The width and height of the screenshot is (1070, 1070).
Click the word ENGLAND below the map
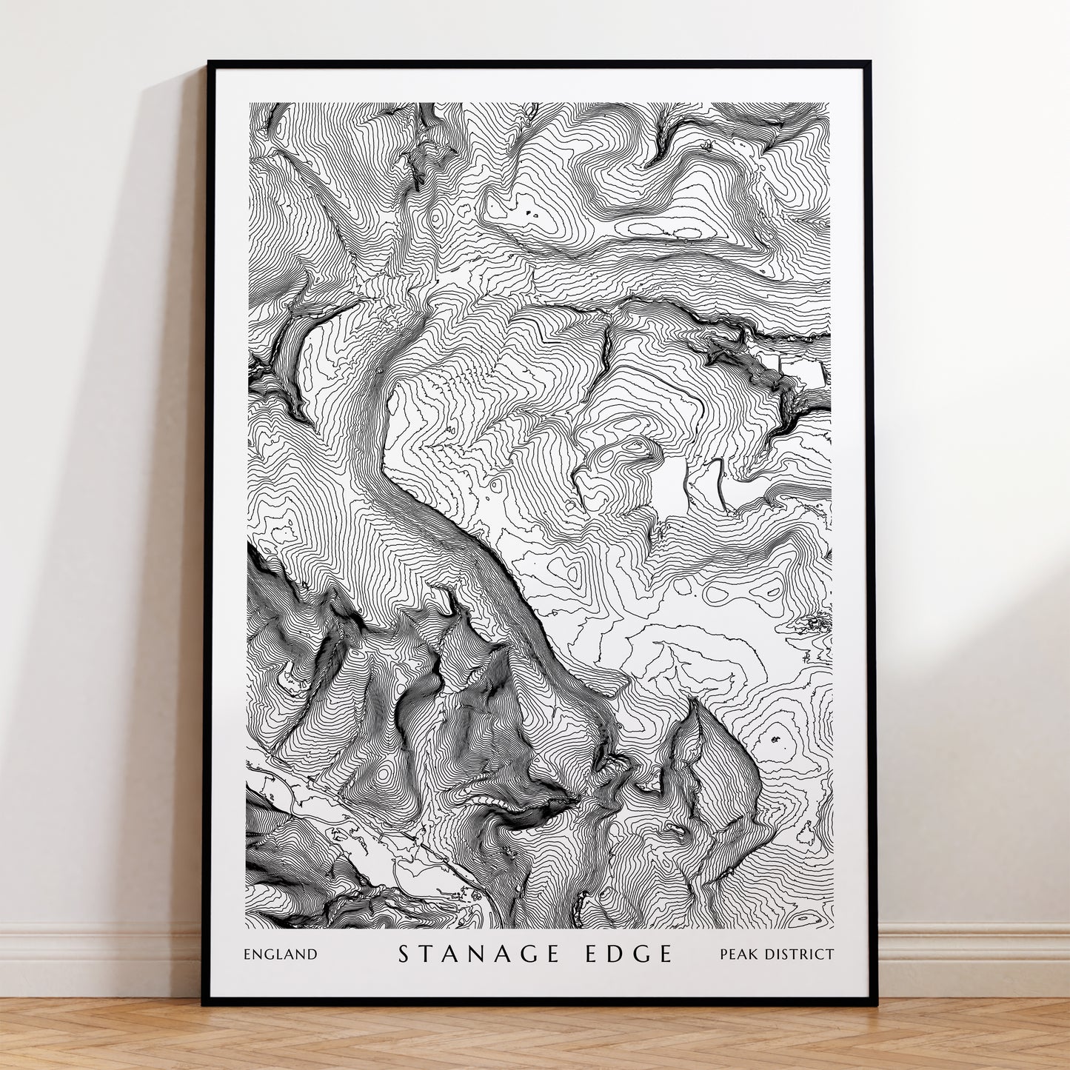point(280,954)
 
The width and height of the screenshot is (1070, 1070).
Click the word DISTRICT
point(800,954)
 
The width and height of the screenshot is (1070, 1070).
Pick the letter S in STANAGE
point(404,954)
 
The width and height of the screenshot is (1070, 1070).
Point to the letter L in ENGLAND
point(284,954)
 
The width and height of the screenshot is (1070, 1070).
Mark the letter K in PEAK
point(755,954)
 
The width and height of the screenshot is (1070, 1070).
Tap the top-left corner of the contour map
point(250,104)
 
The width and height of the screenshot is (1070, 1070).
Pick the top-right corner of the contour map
point(829,104)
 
